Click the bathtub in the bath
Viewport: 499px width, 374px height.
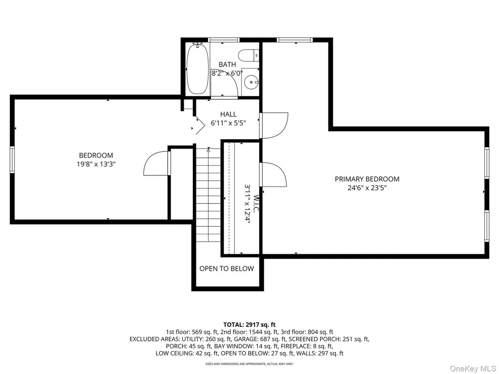click(x=197, y=69)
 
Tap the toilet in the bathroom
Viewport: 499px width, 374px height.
click(x=249, y=56)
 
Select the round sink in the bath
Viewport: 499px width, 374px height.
click(x=251, y=82)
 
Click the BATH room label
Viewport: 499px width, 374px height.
click(x=227, y=65)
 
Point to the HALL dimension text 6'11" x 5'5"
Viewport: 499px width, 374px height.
click(x=229, y=123)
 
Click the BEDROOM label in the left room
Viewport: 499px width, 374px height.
click(x=96, y=155)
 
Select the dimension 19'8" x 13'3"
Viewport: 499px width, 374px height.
click(x=96, y=165)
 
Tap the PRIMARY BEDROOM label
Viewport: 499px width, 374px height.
click(x=367, y=179)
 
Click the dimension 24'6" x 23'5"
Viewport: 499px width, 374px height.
click(x=367, y=188)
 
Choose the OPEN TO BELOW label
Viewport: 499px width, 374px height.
click(x=227, y=269)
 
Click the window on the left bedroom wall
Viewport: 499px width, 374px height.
click(x=12, y=159)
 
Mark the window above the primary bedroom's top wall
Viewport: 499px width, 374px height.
click(x=295, y=40)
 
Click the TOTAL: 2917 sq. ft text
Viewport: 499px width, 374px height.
click(x=249, y=325)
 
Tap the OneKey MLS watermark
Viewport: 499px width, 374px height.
click(x=473, y=369)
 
